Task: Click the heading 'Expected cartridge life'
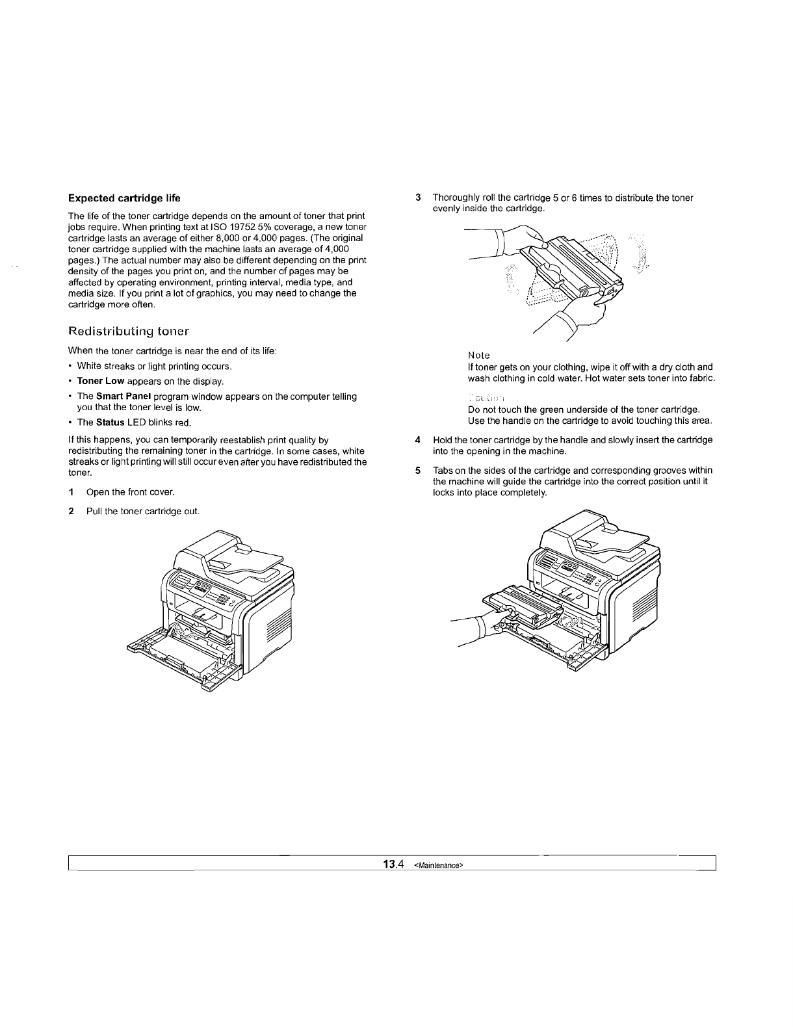[125, 198]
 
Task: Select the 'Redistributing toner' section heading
[128, 331]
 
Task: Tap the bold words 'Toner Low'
[101, 382]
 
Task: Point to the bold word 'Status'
[110, 422]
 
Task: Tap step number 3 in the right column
[419, 198]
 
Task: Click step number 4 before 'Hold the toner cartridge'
[418, 440]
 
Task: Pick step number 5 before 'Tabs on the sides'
[418, 470]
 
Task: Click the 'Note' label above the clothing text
[479, 356]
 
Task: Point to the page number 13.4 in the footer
[394, 864]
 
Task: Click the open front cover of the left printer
[175, 656]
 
